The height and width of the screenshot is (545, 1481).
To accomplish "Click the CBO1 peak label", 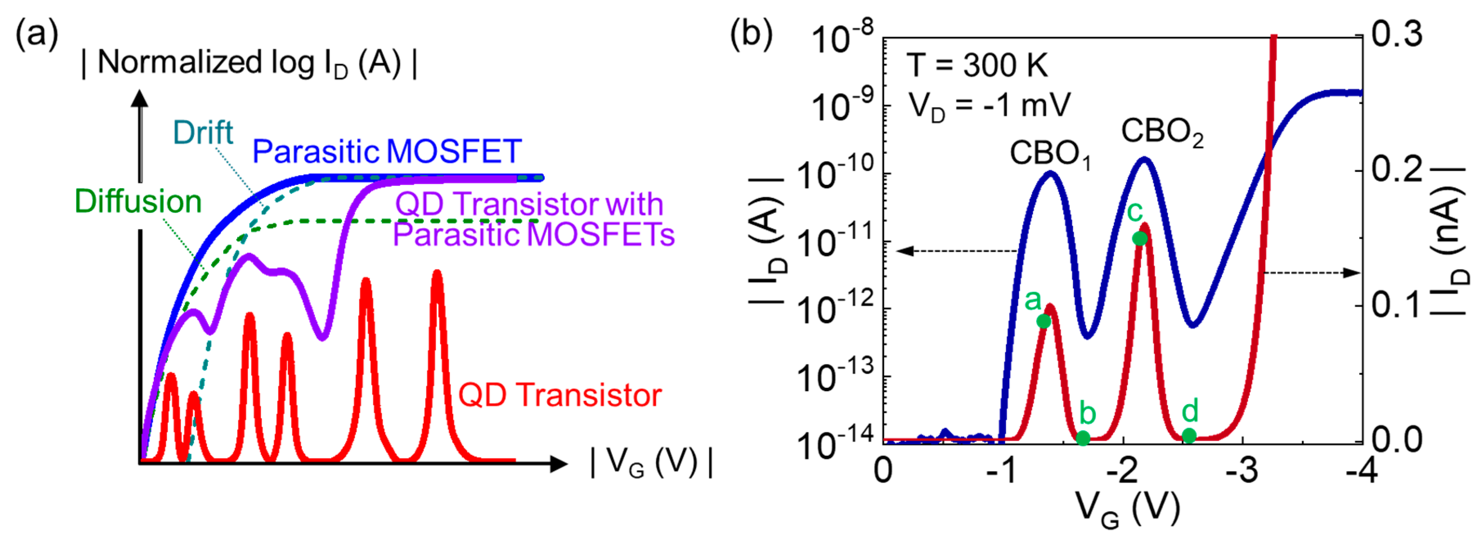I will (1050, 154).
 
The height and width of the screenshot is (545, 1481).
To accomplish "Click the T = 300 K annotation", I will (977, 65).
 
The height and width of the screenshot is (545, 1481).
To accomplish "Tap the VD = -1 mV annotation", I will (989, 106).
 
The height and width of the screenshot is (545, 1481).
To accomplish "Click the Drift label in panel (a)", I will (203, 133).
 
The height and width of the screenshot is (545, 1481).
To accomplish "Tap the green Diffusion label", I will (138, 202).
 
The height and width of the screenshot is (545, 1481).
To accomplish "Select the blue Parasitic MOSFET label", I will (387, 151).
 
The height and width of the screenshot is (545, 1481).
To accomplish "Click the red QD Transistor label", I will (559, 395).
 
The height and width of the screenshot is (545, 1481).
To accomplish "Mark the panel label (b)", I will (751, 34).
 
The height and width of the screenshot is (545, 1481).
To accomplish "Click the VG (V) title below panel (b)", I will (1127, 508).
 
